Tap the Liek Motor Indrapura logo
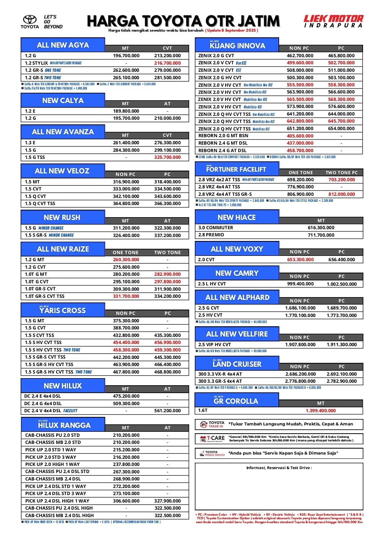(x=333, y=21)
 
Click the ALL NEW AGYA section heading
(x=63, y=45)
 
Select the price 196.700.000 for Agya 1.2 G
(x=126, y=56)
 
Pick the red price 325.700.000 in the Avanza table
(x=167, y=157)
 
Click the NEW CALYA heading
(x=63, y=101)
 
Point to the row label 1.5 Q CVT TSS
(x=40, y=204)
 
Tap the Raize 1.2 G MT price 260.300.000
(x=126, y=260)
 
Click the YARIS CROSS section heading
(x=63, y=310)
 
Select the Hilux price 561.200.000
(x=167, y=411)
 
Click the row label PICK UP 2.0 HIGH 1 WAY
(x=53, y=464)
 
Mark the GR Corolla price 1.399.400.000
(x=321, y=411)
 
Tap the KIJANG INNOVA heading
(x=237, y=45)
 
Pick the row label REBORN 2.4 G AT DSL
(x=223, y=151)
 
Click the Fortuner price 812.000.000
(x=341, y=194)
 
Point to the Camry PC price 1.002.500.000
(x=342, y=284)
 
